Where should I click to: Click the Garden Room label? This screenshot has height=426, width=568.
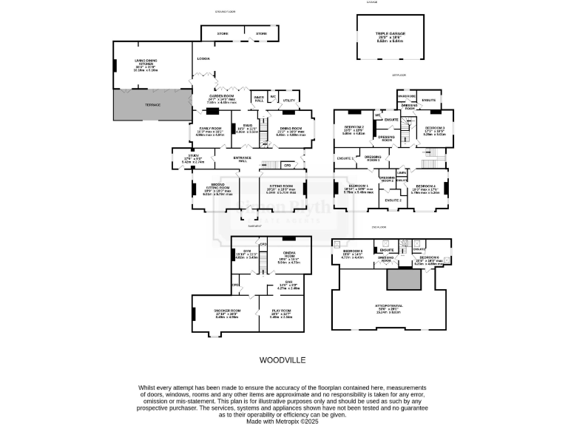(221, 95)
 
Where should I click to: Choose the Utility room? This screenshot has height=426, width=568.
(288, 100)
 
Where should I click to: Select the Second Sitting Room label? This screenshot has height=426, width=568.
(217, 186)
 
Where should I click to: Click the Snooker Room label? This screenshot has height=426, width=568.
(227, 311)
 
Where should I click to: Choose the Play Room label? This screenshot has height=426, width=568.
(283, 311)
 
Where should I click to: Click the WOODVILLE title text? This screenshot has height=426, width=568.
(283, 360)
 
